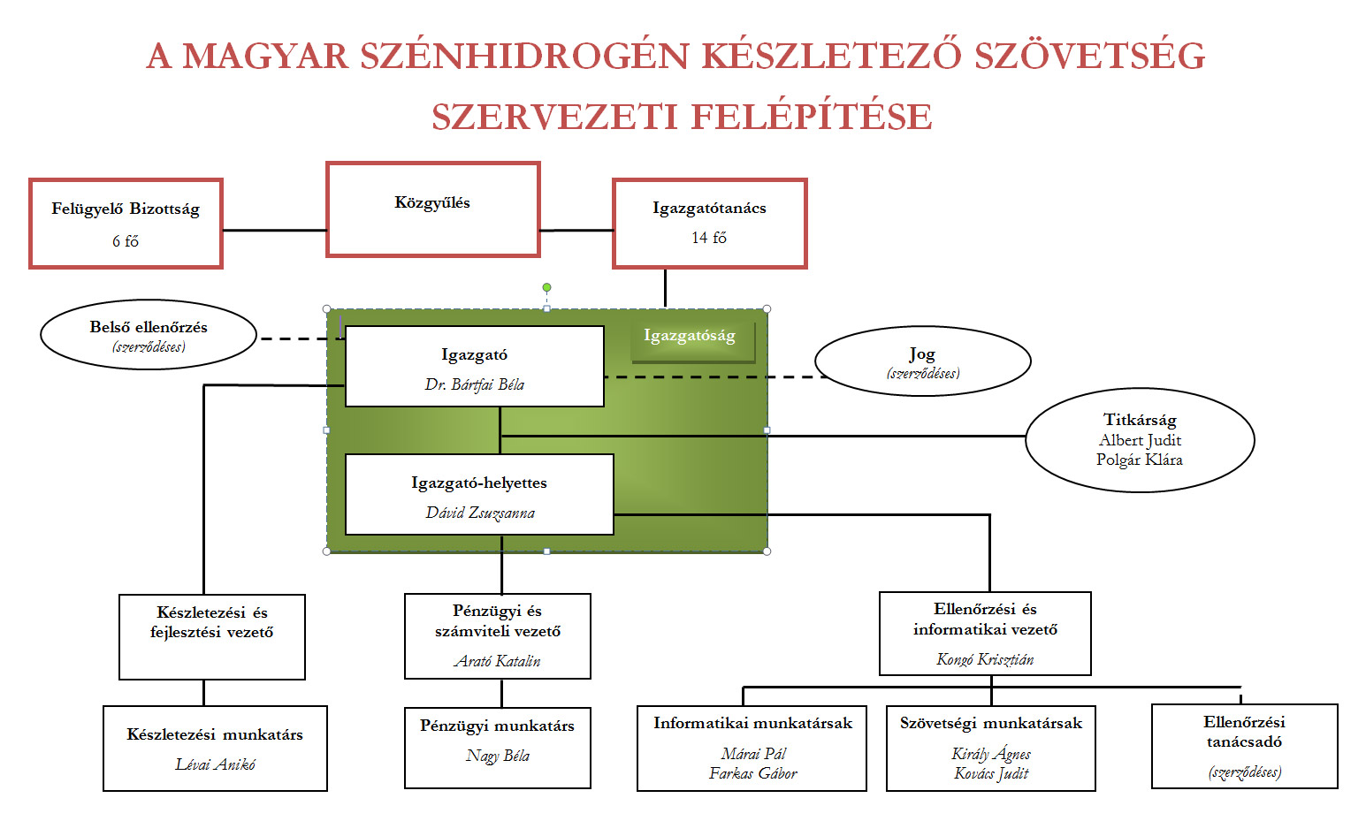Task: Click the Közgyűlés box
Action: [432, 210]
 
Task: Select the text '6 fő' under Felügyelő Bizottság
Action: [125, 241]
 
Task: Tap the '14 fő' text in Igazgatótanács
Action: [709, 238]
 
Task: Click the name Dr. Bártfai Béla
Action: [475, 384]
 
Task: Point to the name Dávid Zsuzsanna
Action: [480, 513]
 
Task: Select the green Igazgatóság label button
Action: [691, 337]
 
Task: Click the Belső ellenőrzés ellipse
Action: [149, 335]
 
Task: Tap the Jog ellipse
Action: [922, 361]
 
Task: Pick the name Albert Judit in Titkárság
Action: [1140, 440]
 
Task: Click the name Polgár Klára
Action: [1139, 460]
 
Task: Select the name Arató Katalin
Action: [497, 661]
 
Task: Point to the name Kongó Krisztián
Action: [985, 659]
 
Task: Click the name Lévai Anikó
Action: [215, 764]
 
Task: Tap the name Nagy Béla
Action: [498, 756]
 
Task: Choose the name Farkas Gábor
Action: [752, 773]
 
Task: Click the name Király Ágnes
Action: [990, 754]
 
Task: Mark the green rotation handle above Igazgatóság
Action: [547, 287]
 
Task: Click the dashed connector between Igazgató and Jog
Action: [707, 377]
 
